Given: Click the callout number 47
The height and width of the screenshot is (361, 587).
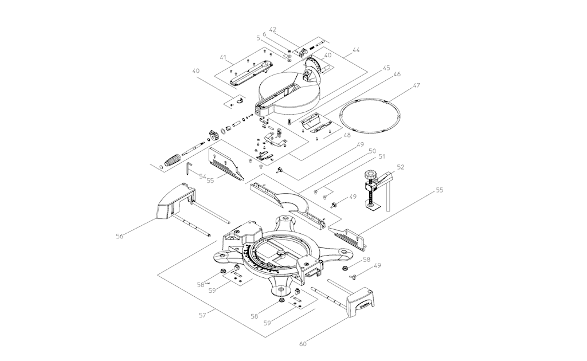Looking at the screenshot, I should pos(417,85).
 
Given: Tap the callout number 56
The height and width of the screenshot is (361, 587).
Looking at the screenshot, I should pos(119,235).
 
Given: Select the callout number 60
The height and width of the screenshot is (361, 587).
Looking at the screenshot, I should pos(303,344).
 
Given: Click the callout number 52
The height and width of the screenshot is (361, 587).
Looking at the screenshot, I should pos(401,167).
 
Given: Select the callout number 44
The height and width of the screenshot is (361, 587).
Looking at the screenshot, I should pos(356,50).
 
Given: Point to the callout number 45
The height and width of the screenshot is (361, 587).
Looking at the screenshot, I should pos(386,68).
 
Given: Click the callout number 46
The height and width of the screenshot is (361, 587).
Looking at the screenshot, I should pos(397,74).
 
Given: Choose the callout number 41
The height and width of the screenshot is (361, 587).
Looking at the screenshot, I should pos(224,57).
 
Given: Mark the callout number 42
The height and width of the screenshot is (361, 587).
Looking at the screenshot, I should pos(273,30).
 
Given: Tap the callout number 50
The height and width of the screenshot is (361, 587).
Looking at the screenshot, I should pos(373,150).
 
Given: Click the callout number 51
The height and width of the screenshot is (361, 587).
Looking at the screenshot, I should pos(381,156).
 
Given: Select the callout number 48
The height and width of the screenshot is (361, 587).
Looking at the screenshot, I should pos(347,136).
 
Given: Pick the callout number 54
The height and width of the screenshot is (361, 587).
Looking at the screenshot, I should pos(202,176).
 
